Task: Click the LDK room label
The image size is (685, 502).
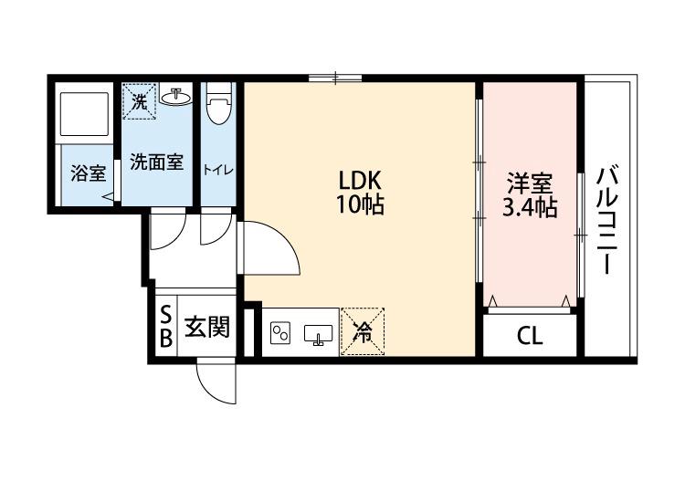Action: click(x=359, y=180)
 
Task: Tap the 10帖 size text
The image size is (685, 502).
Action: click(x=359, y=204)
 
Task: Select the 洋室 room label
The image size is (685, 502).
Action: click(x=529, y=183)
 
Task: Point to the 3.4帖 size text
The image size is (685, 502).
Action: click(x=529, y=207)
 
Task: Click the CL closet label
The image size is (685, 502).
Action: click(x=530, y=336)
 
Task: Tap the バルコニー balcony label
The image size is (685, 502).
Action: click(x=606, y=220)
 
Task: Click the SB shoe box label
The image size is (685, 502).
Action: click(x=165, y=328)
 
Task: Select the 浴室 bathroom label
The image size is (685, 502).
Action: click(x=89, y=173)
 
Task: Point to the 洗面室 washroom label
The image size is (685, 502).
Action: click(x=156, y=162)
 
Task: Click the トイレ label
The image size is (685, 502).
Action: click(x=217, y=170)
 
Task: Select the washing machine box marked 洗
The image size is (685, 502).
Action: click(x=139, y=100)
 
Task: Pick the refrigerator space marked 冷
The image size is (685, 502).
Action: click(x=363, y=330)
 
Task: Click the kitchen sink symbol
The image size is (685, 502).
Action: click(x=319, y=335)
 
